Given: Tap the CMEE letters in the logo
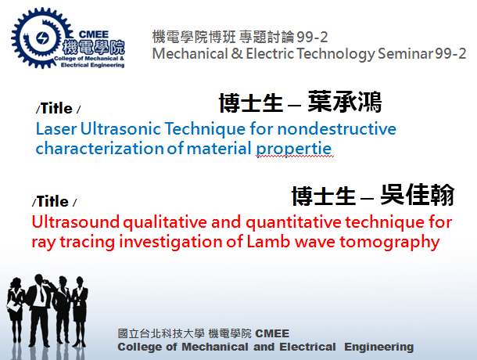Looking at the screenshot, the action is pyautogui.click(x=93, y=34).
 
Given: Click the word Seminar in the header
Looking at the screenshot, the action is pyautogui.click(x=405, y=54).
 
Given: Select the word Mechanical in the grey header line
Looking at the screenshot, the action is pyautogui.click(x=190, y=54).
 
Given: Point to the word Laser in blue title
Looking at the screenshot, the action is pyautogui.click(x=56, y=129).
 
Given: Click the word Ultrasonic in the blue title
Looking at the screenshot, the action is pyautogui.click(x=120, y=129).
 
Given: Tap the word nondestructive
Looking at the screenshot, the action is pyautogui.click(x=337, y=129).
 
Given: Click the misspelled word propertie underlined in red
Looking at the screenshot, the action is pyautogui.click(x=294, y=149).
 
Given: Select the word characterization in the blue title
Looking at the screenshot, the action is pyautogui.click(x=100, y=149).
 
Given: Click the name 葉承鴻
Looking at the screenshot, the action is pyautogui.click(x=345, y=102).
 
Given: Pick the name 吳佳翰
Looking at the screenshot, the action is pyautogui.click(x=417, y=195).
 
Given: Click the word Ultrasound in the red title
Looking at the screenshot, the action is pyautogui.click(x=75, y=221).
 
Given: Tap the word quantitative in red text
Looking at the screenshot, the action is pyautogui.click(x=293, y=222).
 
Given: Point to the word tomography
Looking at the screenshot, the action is pyautogui.click(x=389, y=243).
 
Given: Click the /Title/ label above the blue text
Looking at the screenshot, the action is pyautogui.click(x=58, y=109).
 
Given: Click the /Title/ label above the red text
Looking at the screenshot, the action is pyautogui.click(x=54, y=202).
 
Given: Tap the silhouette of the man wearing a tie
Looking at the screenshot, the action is pyautogui.click(x=40, y=310).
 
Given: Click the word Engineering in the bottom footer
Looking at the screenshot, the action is pyautogui.click(x=378, y=347).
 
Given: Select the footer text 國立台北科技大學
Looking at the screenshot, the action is pyautogui.click(x=161, y=333).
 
